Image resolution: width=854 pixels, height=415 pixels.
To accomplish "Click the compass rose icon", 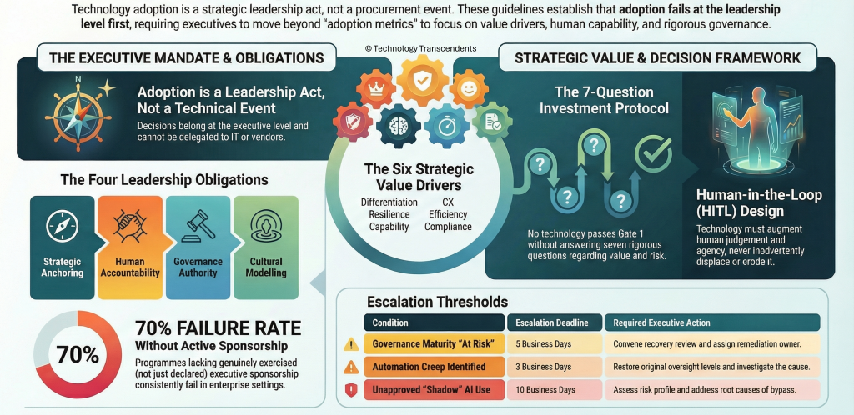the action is click(78, 113).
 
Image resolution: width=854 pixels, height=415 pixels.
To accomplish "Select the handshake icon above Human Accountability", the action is click(131, 227).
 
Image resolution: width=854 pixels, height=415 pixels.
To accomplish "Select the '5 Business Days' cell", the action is click(555, 343).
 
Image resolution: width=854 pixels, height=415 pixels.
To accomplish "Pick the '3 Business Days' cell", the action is click(555, 367).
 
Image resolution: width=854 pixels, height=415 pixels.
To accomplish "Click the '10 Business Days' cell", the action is click(555, 389).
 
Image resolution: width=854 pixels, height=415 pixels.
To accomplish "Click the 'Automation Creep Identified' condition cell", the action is click(434, 367).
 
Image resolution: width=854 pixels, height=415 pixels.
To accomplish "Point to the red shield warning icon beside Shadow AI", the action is click(351, 390).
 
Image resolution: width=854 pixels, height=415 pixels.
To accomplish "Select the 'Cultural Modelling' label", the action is click(266, 267).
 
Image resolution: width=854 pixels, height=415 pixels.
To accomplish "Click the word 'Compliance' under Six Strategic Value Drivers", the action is click(448, 227).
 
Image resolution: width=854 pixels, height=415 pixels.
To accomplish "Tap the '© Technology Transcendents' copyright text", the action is click(420, 48).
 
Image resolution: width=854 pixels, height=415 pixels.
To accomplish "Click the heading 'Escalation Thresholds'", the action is click(437, 302).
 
